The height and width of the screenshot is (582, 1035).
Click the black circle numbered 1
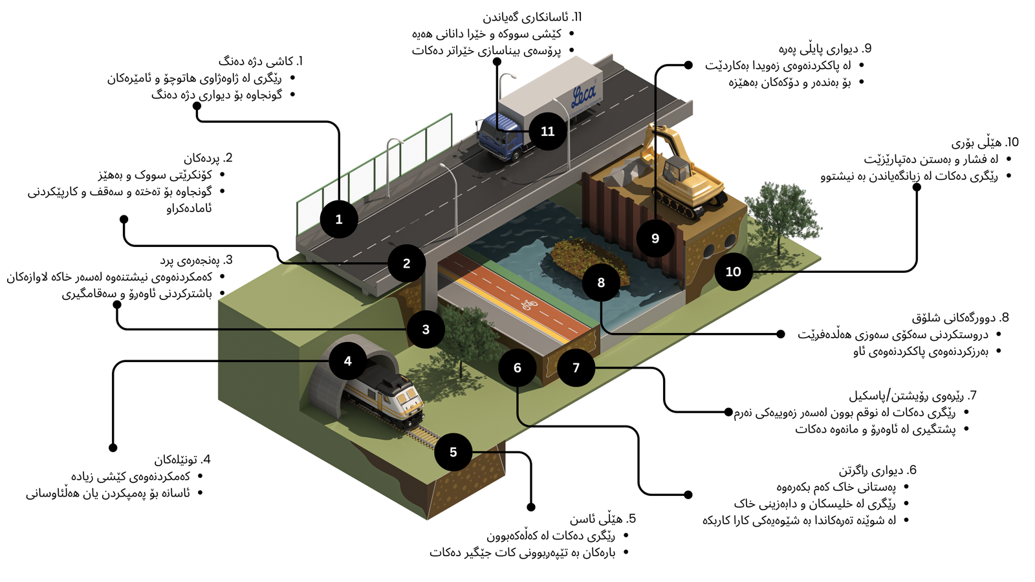pos(339,219)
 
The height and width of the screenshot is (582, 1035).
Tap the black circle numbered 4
pos(348,361)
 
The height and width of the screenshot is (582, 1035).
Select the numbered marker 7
pos(576,367)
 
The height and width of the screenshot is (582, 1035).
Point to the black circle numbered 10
pos(733,272)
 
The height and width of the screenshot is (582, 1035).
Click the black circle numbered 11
pos(547,131)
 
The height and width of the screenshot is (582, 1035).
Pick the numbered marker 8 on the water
pos(601,283)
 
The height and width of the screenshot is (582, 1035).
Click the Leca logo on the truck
pos(584,95)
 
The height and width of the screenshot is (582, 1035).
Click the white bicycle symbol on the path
pos(530,304)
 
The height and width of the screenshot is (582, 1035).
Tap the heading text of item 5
pos(603,519)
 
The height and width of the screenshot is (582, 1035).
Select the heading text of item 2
pos(208,158)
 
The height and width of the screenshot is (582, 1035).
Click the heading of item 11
pos(532,17)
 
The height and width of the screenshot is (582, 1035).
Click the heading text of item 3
pos(197,260)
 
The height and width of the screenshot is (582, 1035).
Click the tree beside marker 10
pos(781,217)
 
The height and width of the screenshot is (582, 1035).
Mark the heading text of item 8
pos(961,318)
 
